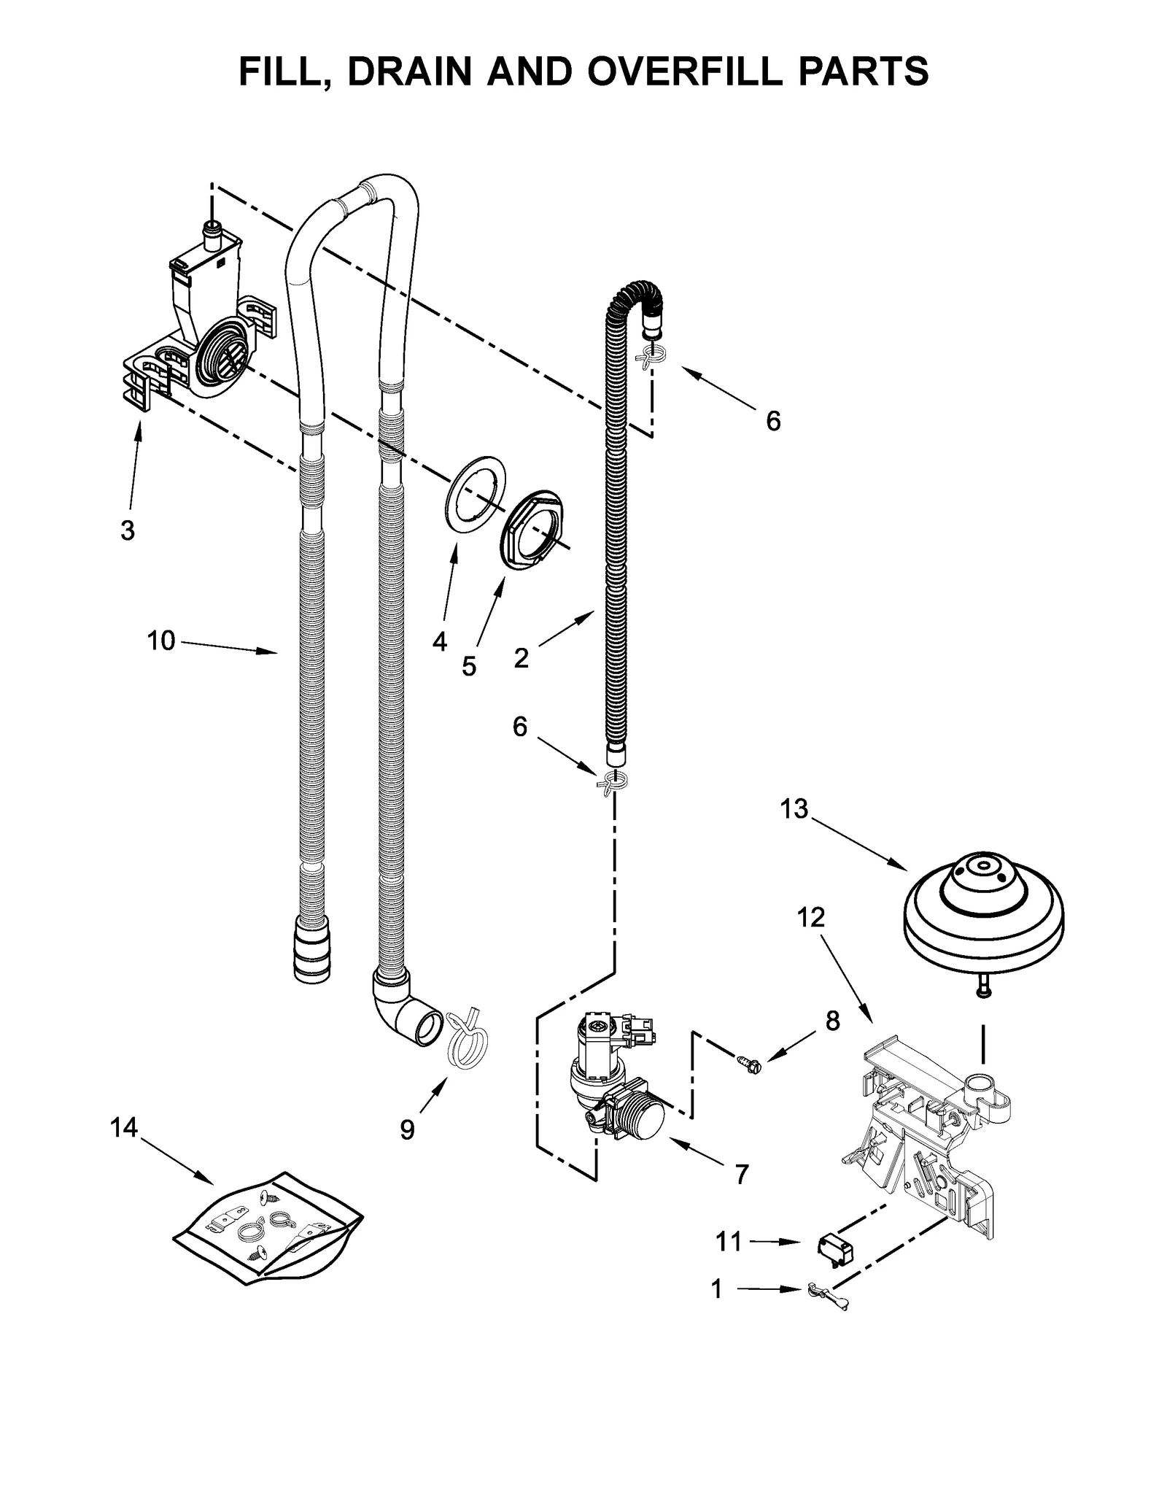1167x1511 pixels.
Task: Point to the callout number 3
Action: click(x=127, y=530)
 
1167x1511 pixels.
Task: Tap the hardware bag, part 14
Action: click(x=268, y=1227)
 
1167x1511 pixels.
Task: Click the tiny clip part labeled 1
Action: click(x=824, y=1294)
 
